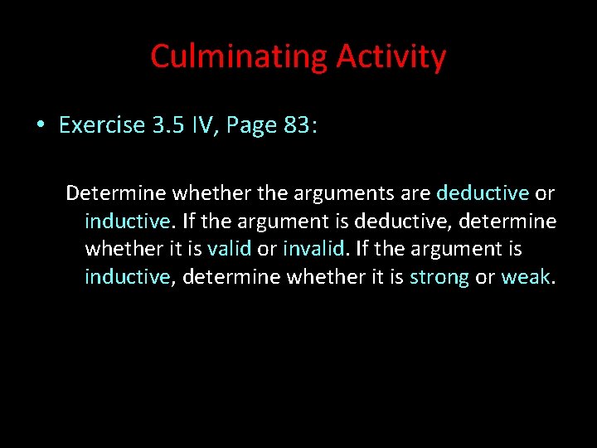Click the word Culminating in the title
pos(240,56)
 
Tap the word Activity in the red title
pos(391,56)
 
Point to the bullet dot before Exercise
pos(40,125)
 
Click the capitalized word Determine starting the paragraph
pos(116,193)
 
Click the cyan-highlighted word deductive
pos(482,193)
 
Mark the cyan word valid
pos(229,249)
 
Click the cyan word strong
pos(439,277)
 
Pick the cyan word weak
pos(525,277)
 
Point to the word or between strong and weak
pos(484,277)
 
